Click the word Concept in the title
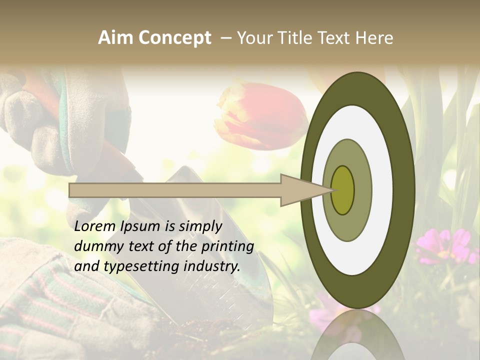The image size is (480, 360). [174, 38]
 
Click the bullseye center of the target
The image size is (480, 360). [342, 190]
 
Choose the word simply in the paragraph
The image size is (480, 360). [200, 226]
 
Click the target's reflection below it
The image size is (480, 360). [357, 335]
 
